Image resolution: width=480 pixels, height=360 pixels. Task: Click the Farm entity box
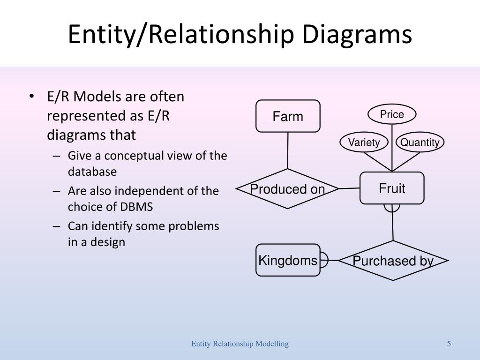coord(288,116)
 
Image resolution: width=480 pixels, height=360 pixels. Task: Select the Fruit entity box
coord(392,188)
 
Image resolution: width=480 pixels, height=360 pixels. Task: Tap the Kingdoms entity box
coord(288,260)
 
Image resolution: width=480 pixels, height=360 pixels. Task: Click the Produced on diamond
coord(287,188)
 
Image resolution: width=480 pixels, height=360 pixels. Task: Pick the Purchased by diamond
coord(393,261)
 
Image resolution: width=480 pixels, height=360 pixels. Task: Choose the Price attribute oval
coord(392,114)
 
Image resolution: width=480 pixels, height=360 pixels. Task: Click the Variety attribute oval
coord(364,142)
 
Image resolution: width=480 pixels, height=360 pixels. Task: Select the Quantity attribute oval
coord(420,142)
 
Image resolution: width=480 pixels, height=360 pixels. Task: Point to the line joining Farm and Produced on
coord(288,150)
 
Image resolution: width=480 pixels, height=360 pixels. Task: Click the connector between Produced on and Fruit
coord(349,188)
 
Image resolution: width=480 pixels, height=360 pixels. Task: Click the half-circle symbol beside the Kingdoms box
coord(324,260)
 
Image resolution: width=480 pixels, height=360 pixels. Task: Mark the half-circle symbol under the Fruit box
coord(392,208)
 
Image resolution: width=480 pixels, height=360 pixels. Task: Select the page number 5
coord(449,344)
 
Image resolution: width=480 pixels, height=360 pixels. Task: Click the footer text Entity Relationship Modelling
coord(240,344)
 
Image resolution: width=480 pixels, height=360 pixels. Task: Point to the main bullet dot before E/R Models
coord(31,96)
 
